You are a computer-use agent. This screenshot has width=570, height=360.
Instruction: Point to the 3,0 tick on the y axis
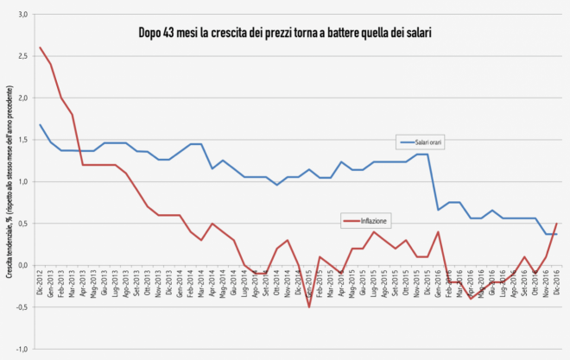[x=22, y=15]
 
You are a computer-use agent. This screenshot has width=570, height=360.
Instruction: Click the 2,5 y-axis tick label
[x=22, y=56]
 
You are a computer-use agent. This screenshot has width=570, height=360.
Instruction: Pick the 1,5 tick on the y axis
[x=22, y=140]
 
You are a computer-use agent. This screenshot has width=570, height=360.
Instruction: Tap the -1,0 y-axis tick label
[x=22, y=348]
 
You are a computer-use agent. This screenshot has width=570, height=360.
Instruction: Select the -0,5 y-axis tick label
[x=22, y=306]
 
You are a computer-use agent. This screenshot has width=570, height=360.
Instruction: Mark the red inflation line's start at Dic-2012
[x=41, y=47]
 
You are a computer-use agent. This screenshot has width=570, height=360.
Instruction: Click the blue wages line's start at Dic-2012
[x=41, y=124]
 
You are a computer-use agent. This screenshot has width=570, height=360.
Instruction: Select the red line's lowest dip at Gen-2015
[x=309, y=306]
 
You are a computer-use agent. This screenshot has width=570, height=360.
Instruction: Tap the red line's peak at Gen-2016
[x=438, y=231]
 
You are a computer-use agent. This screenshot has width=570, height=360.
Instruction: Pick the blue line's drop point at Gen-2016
[x=438, y=210]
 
